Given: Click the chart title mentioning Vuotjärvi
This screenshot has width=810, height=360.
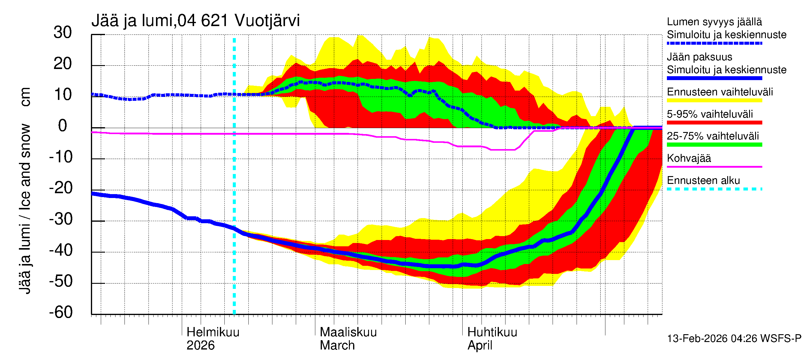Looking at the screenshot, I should click(x=196, y=21).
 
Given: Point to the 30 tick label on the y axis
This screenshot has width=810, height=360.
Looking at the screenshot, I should click(x=63, y=33).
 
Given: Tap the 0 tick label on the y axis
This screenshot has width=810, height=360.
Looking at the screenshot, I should click(x=63, y=126).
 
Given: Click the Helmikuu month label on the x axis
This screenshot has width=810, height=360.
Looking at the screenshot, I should click(x=213, y=332).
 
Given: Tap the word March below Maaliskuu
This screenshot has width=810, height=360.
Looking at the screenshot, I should click(x=337, y=346).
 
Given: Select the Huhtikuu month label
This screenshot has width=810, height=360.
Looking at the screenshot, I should click(x=492, y=332).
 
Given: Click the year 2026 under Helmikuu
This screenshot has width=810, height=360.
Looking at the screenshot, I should click(x=200, y=346).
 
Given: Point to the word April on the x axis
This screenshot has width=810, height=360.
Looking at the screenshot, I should click(x=480, y=346).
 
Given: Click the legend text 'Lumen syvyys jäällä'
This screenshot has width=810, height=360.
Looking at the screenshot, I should click(x=714, y=22).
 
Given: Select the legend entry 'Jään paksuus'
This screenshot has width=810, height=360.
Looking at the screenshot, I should click(x=700, y=57).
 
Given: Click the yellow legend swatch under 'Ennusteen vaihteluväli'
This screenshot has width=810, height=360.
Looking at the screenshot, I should click(x=714, y=100).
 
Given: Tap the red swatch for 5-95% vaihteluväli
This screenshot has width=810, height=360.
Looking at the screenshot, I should click(x=714, y=123).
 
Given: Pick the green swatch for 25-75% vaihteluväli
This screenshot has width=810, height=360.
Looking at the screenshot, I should click(x=714, y=145).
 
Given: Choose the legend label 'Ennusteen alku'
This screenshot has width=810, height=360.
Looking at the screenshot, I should click(x=703, y=181).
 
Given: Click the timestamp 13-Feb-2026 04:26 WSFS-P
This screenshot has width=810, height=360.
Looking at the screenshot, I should click(x=734, y=339).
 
